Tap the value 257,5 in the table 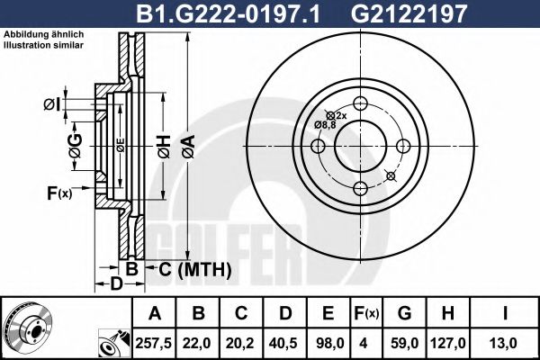point(154,342)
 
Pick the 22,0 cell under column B point(198,342)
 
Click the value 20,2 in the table point(241,342)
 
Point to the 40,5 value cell point(285,342)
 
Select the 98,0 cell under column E point(328,342)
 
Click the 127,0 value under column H point(446,342)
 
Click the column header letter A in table point(154,314)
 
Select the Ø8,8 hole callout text point(325,124)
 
